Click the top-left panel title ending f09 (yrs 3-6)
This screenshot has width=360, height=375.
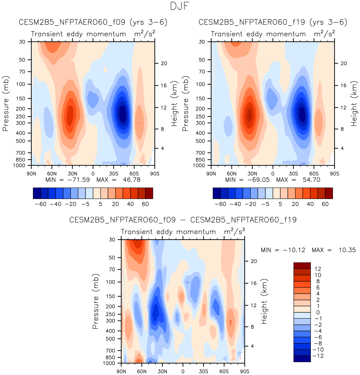pos(93,22)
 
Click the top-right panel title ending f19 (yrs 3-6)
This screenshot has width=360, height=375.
pos(273,22)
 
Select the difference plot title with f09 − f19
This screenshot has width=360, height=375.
pos(183,220)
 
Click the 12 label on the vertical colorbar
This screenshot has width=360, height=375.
pos(318,269)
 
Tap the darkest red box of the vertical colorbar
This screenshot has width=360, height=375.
pos(302,266)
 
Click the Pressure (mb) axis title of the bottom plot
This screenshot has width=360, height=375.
pos(96,301)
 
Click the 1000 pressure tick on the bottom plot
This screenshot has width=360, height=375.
pos(109,363)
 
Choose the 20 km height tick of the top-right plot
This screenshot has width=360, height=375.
pos(344,63)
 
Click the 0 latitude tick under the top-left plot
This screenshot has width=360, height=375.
pos(93,174)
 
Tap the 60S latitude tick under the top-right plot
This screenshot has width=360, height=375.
pos(314,174)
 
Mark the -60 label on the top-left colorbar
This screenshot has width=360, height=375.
pos(41,204)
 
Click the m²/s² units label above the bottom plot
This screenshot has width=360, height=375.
pos(234,232)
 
